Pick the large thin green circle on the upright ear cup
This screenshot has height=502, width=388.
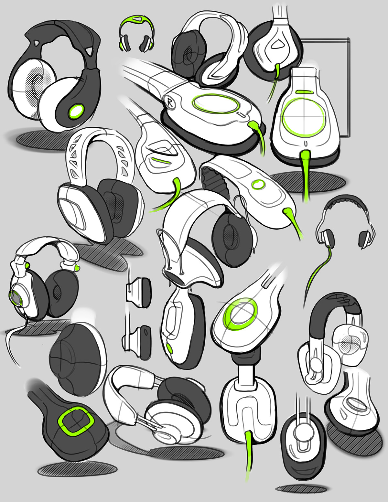click(303, 116)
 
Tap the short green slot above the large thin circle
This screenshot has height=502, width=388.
click(303, 92)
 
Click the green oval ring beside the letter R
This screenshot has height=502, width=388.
click(215, 104)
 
